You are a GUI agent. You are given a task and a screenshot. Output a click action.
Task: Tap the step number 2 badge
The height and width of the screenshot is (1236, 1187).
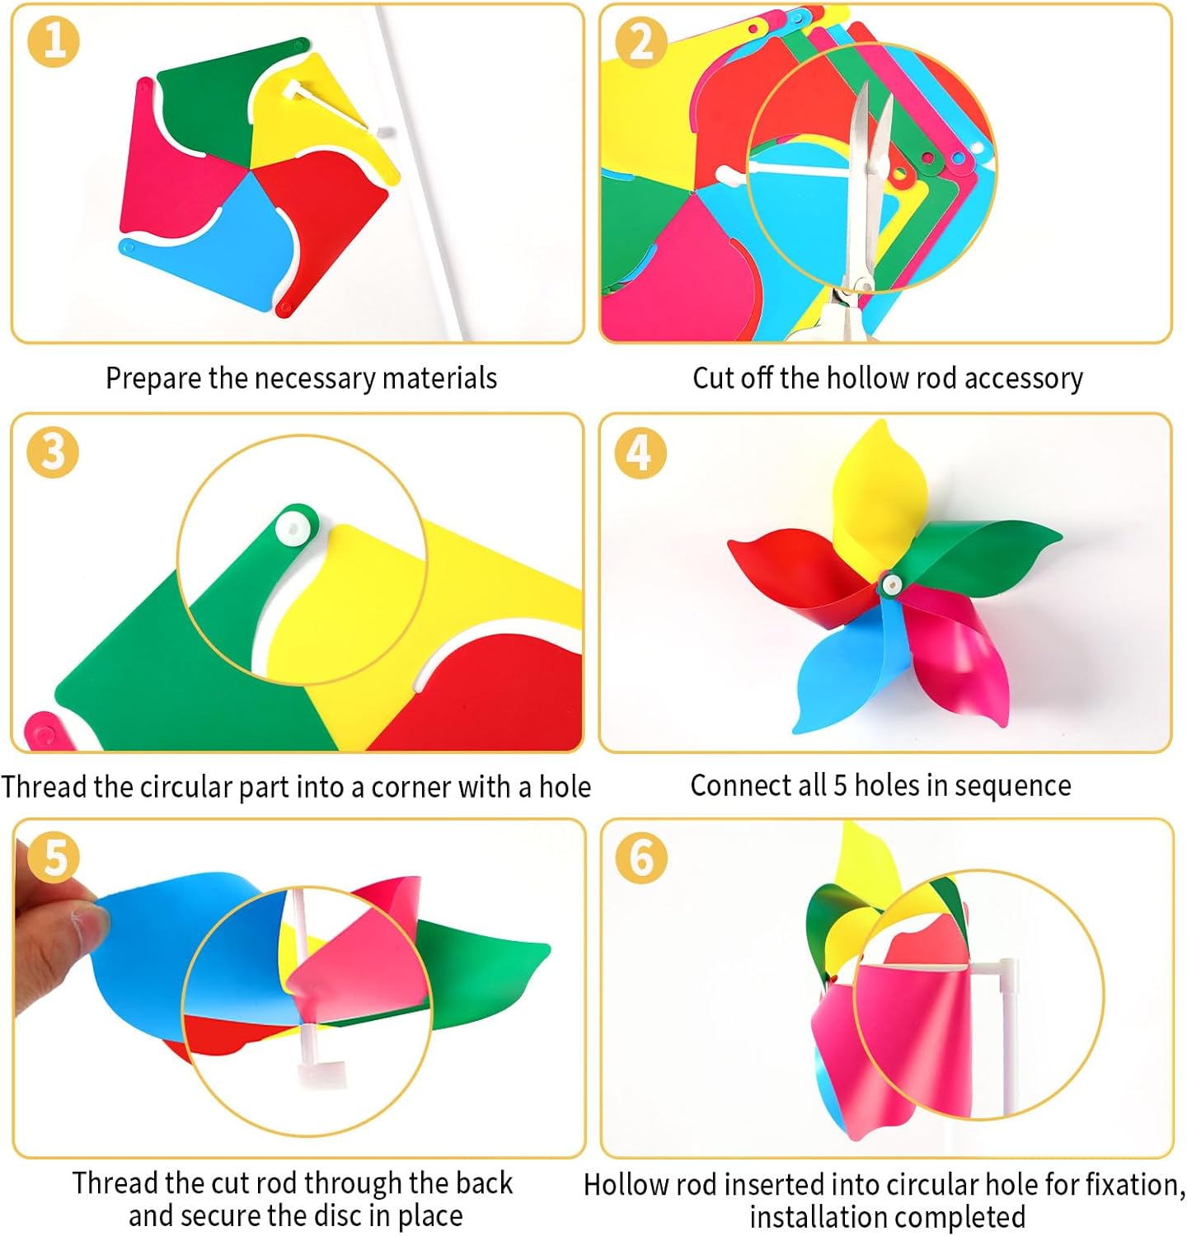tap(641, 41)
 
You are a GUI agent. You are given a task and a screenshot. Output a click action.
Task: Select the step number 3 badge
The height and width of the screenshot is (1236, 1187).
tap(53, 452)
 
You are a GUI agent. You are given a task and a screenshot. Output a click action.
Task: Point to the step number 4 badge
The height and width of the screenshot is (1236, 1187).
tap(640, 452)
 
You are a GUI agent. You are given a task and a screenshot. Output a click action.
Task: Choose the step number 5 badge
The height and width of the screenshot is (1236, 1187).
tap(54, 857)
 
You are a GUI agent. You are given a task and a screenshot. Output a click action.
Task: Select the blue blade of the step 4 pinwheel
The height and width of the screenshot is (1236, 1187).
tap(841, 667)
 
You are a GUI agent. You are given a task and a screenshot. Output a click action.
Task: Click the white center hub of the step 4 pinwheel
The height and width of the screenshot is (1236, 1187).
tap(890, 585)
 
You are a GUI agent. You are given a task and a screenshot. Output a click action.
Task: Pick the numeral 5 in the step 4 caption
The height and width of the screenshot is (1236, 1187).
tap(840, 786)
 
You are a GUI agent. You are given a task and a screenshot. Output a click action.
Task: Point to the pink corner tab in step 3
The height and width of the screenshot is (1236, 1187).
tap(41, 730)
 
